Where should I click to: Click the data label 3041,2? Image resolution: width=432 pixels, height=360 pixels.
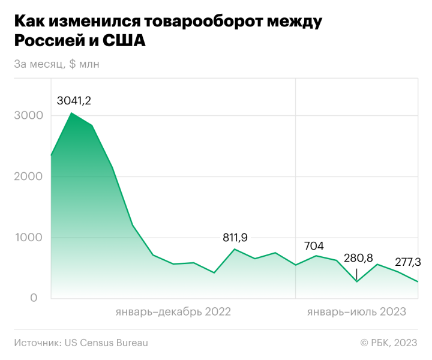click(x=74, y=101)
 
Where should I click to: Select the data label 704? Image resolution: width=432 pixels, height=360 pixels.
click(x=314, y=245)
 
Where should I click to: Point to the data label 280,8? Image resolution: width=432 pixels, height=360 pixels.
click(x=359, y=259)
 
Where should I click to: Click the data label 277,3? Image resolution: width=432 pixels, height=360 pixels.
click(x=408, y=262)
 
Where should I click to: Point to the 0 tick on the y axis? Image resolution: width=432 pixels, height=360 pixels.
click(x=34, y=298)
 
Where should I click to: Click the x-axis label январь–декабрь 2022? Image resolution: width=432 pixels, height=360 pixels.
click(x=173, y=312)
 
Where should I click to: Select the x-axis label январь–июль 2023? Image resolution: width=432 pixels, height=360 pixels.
click(x=356, y=312)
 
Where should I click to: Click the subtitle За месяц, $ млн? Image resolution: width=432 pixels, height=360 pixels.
click(x=56, y=64)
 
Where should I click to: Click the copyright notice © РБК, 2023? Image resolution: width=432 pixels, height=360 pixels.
click(x=388, y=343)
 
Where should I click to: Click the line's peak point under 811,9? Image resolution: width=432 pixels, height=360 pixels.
click(x=235, y=249)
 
